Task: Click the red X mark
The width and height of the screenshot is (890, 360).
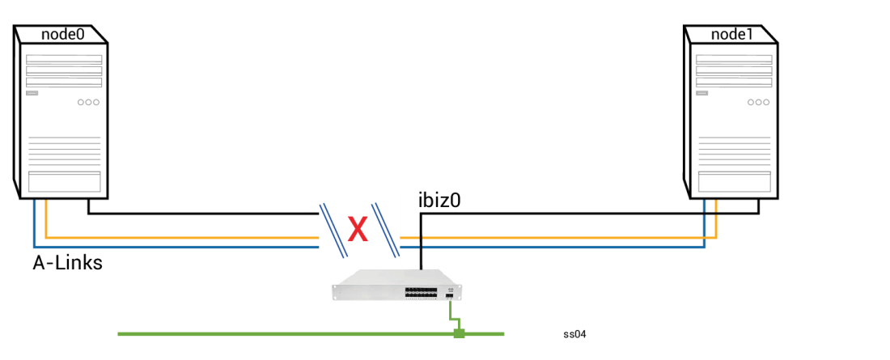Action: pos(358,230)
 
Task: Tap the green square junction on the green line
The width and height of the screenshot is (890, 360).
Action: pos(459,333)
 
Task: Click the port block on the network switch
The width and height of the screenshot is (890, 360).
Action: pos(421,292)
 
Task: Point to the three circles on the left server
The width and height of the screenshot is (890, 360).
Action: pos(88,102)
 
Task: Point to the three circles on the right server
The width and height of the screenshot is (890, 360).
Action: pos(758,102)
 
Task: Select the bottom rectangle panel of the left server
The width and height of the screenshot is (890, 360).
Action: pos(64,182)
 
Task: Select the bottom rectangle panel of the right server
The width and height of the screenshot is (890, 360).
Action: pos(734,182)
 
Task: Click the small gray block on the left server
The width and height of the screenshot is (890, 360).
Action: pos(32,93)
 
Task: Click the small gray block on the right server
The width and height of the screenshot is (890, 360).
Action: pos(701,93)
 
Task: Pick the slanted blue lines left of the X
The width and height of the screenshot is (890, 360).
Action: pos(333,230)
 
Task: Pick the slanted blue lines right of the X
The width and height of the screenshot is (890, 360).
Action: pos(386,230)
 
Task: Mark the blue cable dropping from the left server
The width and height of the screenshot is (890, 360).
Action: pos(34,222)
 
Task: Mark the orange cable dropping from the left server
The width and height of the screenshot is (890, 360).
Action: pos(46,218)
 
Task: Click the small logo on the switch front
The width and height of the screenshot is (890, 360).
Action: pos(451,289)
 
